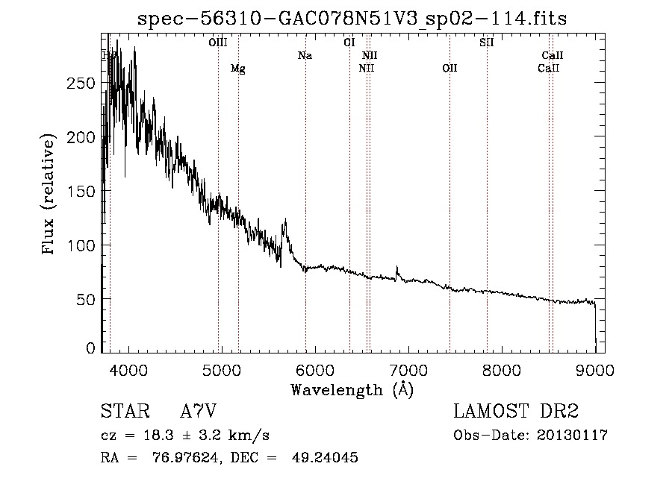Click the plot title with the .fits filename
click(352, 19)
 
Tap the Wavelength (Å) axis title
click(352, 389)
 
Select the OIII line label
click(217, 43)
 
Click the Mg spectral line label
click(237, 69)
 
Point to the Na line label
click(305, 55)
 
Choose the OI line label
click(349, 43)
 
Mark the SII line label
click(486, 43)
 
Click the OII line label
click(449, 69)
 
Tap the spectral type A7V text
click(202, 411)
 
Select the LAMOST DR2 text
click(516, 411)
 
